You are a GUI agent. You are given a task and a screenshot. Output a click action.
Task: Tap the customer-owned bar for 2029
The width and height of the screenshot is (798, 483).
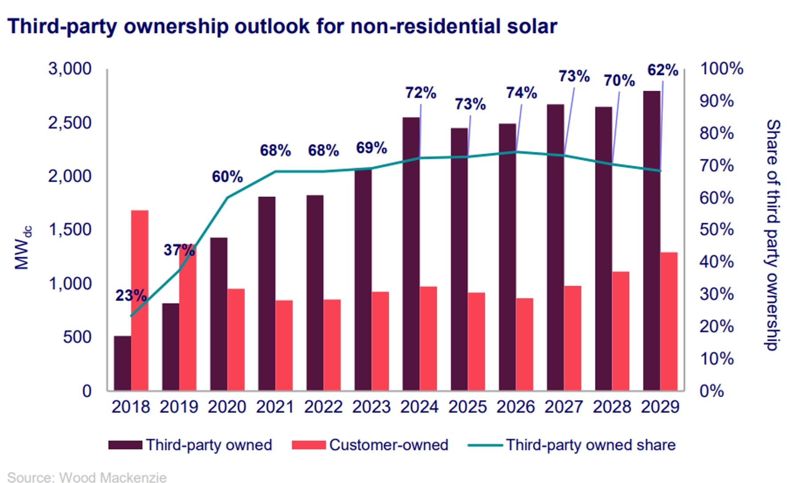(669, 321)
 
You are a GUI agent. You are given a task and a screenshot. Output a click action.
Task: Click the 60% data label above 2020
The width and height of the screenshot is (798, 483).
(227, 177)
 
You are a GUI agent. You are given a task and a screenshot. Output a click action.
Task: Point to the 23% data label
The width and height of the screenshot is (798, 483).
(131, 295)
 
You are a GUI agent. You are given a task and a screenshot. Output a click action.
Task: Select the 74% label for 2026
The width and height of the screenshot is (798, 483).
(521, 93)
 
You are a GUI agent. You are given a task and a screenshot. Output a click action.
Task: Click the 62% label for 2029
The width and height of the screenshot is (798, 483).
(663, 70)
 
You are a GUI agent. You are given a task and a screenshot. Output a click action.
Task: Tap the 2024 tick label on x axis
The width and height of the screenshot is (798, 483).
(419, 407)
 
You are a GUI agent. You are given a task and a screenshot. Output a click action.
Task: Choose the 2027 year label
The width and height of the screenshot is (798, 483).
(563, 407)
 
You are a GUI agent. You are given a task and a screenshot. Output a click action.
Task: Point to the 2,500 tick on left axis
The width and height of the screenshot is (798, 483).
(70, 123)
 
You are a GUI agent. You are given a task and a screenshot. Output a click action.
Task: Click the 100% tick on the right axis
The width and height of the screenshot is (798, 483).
(721, 69)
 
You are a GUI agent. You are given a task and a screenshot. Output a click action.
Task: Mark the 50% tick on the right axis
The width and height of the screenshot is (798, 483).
(716, 230)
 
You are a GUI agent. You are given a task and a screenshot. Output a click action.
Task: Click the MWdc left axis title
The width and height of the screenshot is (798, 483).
(22, 248)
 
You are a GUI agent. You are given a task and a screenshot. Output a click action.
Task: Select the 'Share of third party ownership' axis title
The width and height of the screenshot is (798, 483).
(773, 235)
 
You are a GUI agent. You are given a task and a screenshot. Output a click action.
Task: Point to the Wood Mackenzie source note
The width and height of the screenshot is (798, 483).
(87, 477)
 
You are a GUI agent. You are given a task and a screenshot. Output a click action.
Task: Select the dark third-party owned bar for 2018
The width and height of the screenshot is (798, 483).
(122, 363)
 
